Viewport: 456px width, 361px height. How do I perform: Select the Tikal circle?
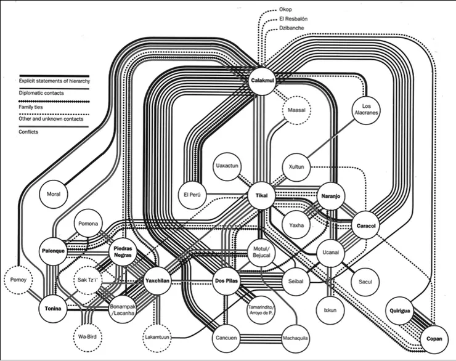pyautogui.click(x=263, y=196)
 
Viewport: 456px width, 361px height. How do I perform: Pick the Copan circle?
pyautogui.click(x=434, y=339)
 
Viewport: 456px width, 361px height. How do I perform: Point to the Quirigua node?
pyautogui.click(x=400, y=310)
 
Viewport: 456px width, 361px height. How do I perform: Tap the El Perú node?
pyautogui.click(x=193, y=195)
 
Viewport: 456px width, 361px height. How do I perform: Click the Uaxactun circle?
pyautogui.click(x=229, y=166)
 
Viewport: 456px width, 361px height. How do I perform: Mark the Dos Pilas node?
pyautogui.click(x=227, y=281)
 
